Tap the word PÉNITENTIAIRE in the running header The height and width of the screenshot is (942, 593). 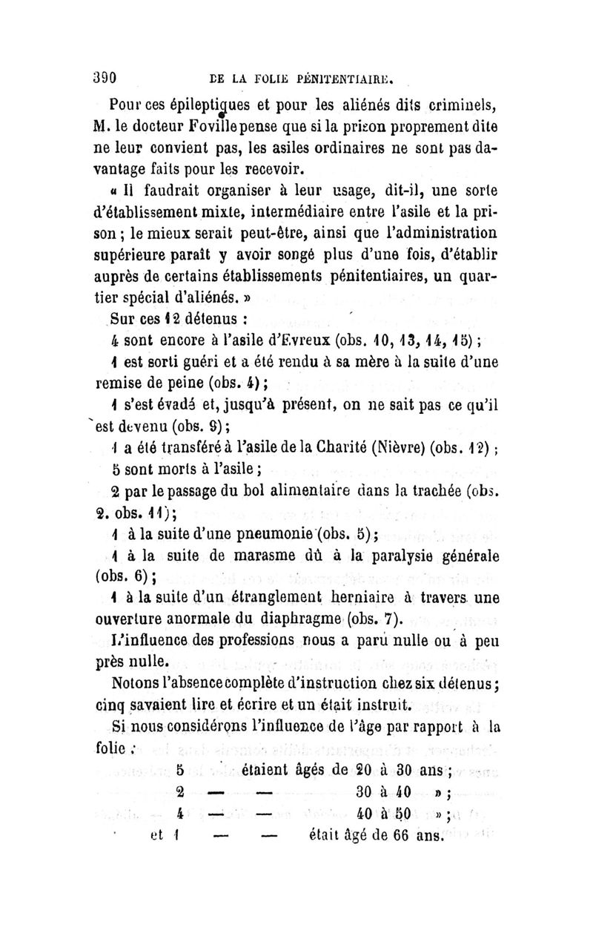pyautogui.click(x=339, y=76)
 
